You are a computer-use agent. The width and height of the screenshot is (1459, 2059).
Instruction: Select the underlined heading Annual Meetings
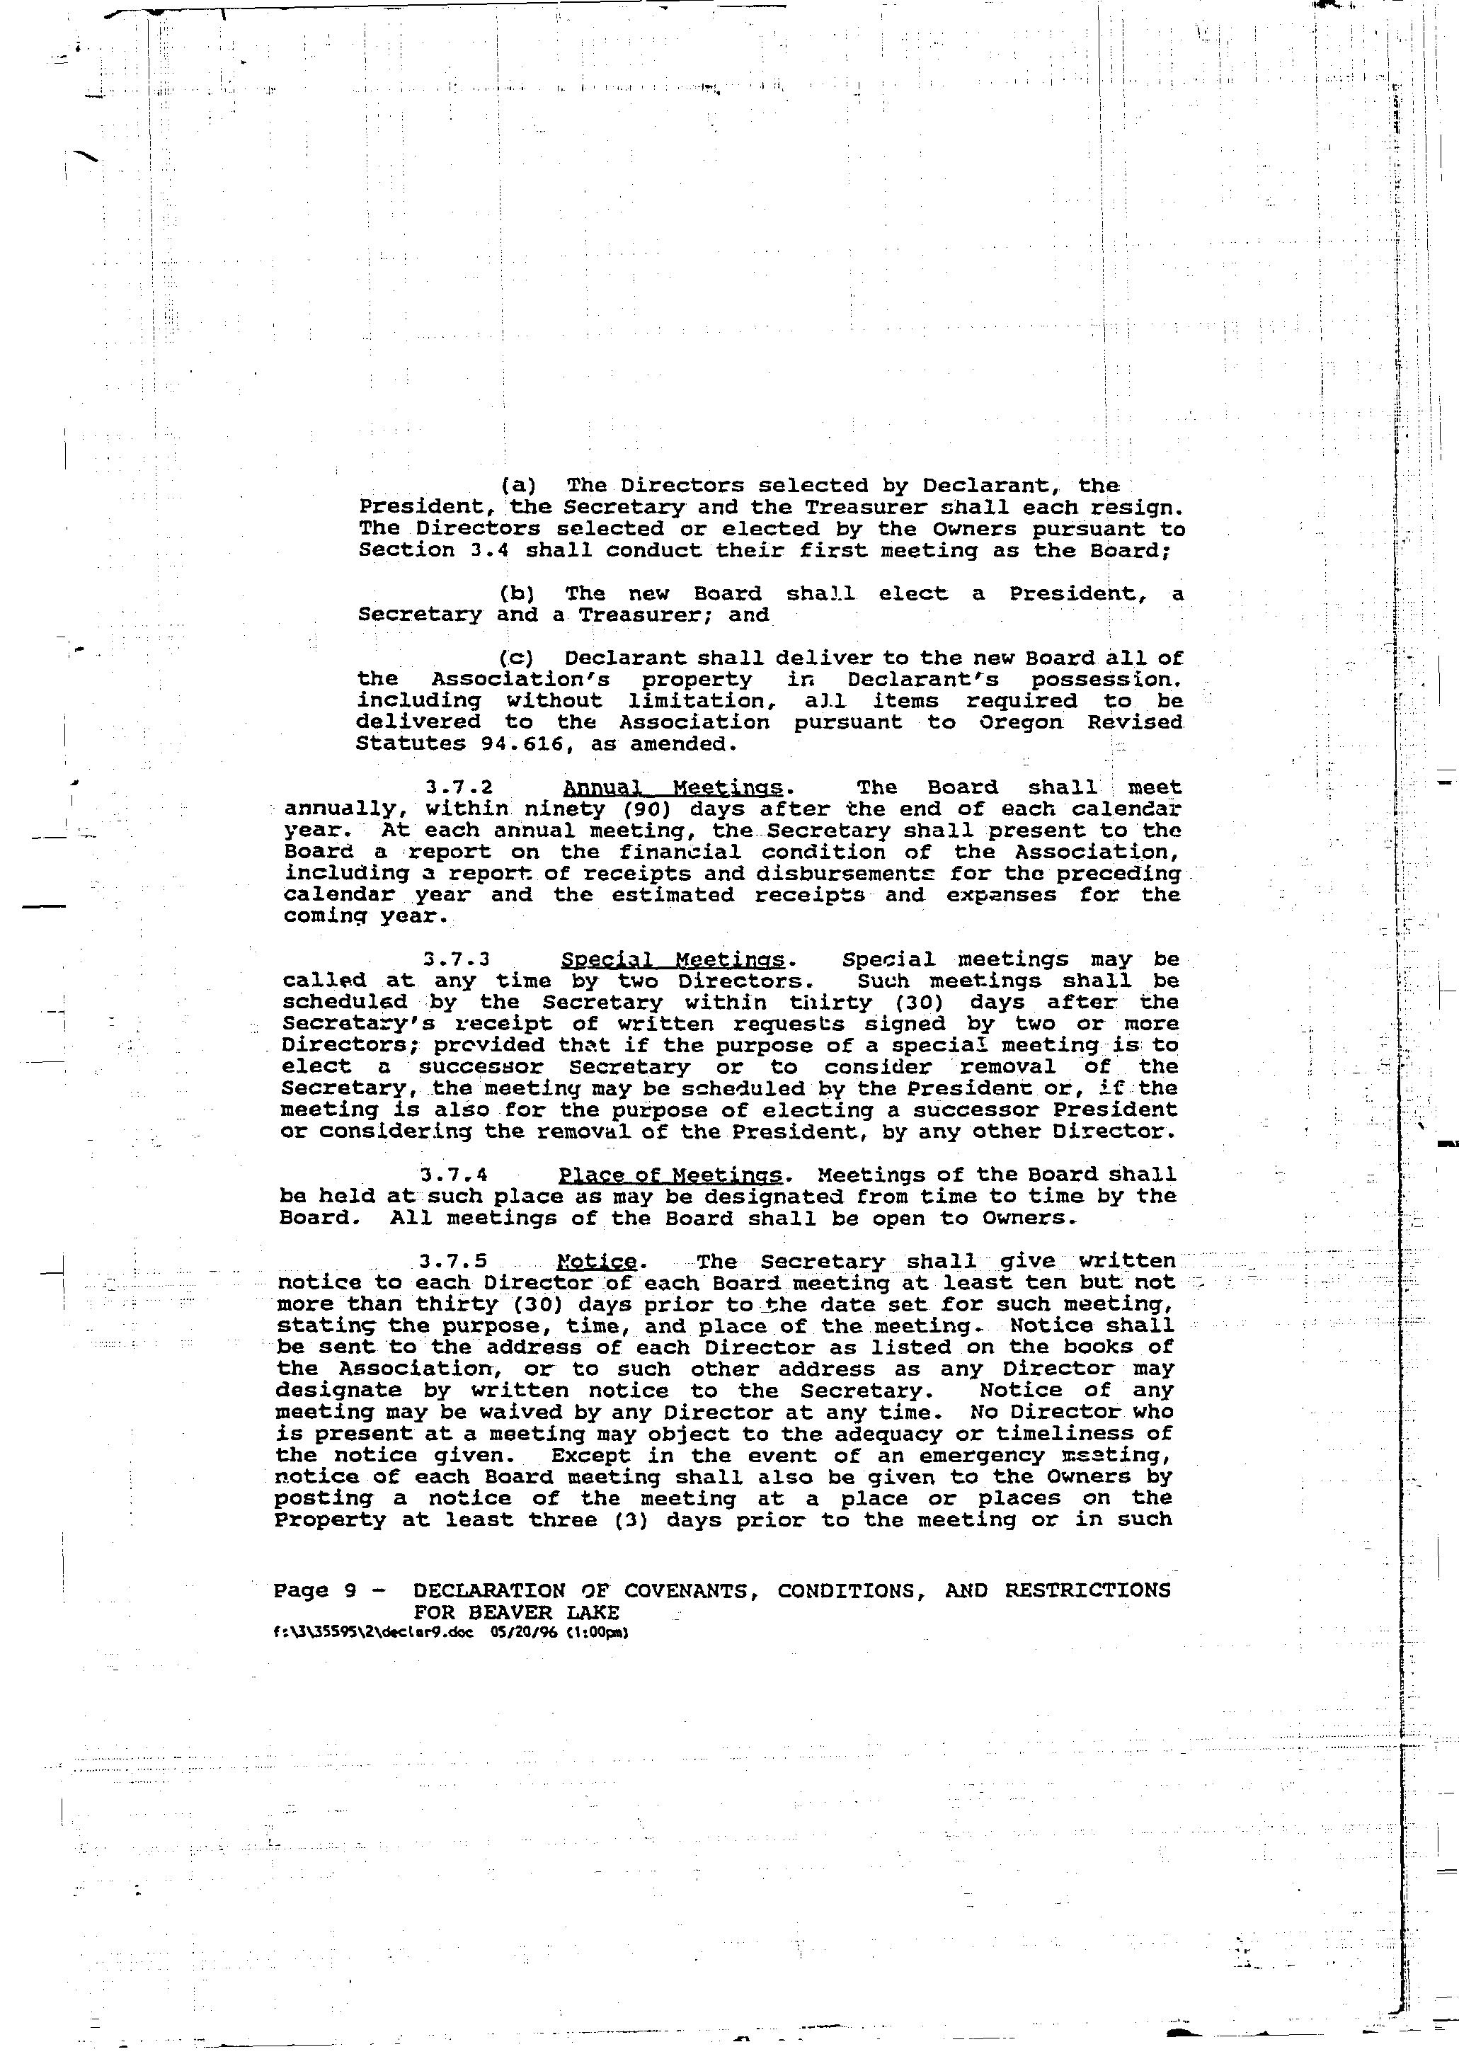click(673, 788)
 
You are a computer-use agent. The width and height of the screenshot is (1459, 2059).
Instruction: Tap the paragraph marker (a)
click(517, 486)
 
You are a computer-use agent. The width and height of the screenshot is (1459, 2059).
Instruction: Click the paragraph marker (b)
click(517, 594)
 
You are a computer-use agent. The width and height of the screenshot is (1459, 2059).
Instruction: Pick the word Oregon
click(1019, 722)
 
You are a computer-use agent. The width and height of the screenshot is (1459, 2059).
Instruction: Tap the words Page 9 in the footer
click(315, 1591)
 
